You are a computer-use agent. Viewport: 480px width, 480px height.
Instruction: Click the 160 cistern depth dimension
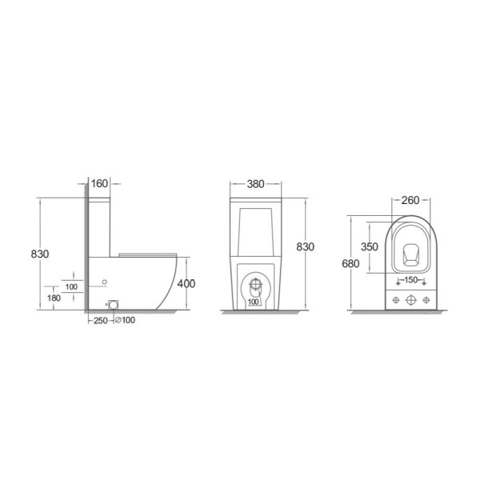pos(99,184)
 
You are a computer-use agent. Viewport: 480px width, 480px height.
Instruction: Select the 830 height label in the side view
pos(40,254)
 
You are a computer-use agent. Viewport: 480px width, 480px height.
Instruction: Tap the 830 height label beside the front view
pos(306,246)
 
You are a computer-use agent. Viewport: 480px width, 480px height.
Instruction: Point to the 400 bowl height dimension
pos(186,284)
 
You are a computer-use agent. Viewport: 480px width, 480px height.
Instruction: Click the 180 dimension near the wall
pos(54,298)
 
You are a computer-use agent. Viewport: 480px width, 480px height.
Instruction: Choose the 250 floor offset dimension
pos(101,321)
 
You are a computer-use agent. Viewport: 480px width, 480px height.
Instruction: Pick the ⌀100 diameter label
pos(125,320)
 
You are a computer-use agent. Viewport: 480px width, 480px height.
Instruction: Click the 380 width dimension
pos(255,184)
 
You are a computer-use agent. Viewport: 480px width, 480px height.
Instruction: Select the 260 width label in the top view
pos(410,200)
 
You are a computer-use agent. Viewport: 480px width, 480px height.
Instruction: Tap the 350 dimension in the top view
pos(369,246)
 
